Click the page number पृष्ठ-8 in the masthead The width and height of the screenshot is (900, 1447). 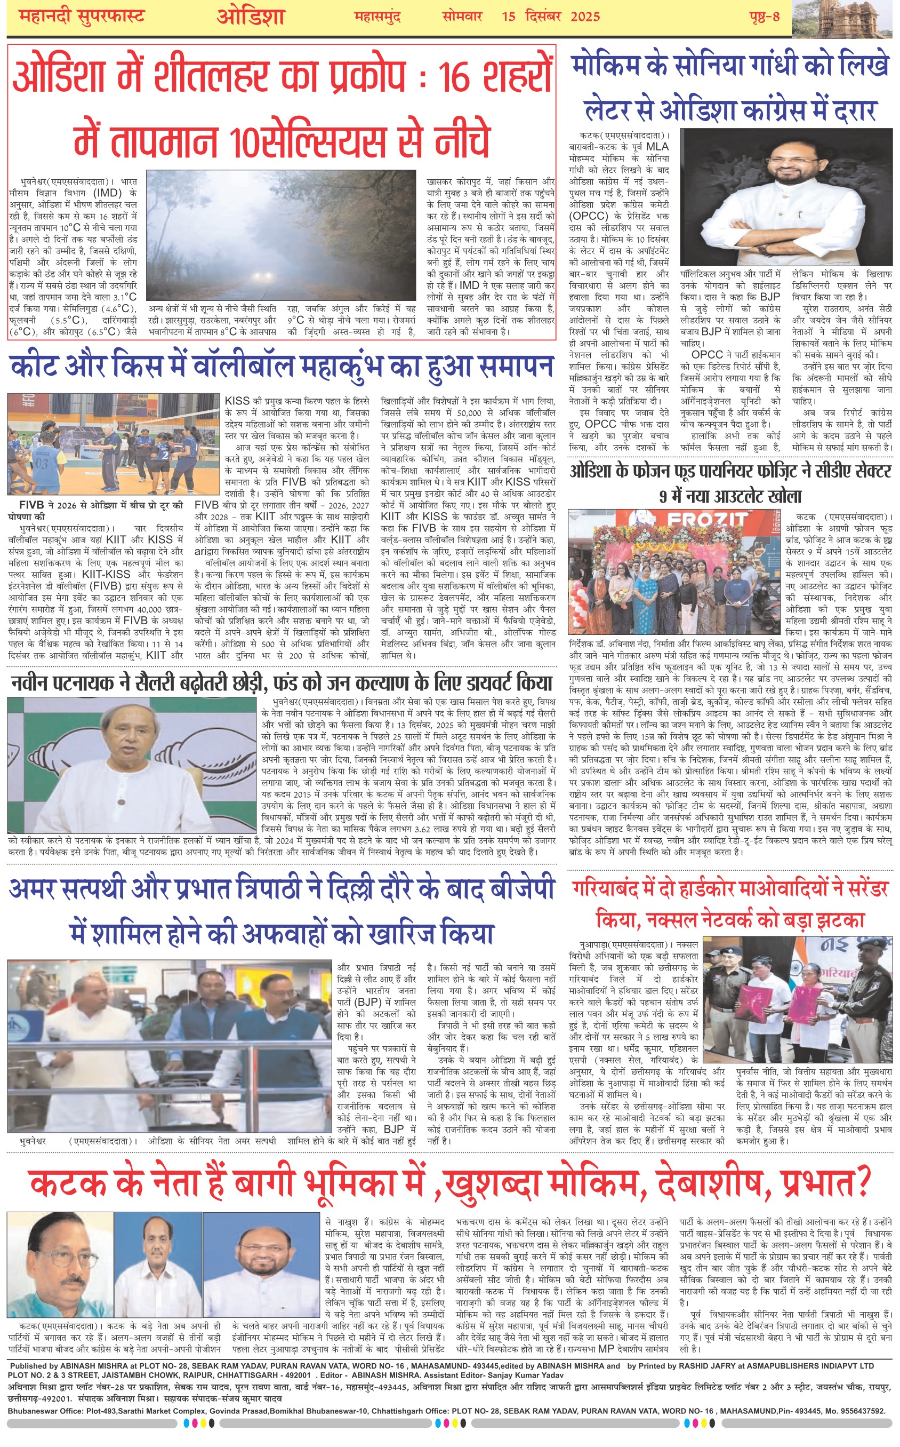pos(764,16)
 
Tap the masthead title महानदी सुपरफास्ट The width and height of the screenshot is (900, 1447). pos(82,16)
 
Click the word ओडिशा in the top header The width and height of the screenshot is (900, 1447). pos(251,17)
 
